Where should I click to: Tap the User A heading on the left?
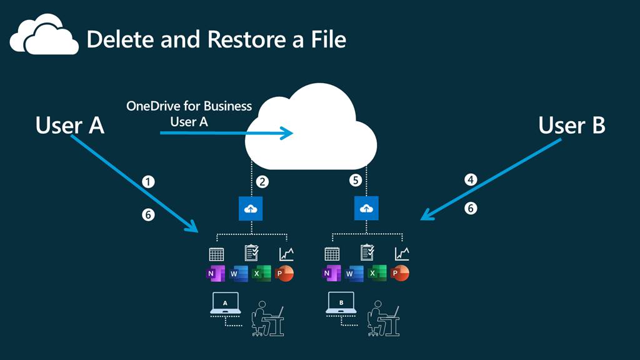click(x=69, y=126)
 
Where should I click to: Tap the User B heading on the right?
click(x=571, y=126)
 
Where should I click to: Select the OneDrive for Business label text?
click(x=189, y=106)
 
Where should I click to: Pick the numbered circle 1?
click(x=148, y=182)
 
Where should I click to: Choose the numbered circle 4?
click(x=471, y=180)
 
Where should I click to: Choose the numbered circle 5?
click(x=355, y=181)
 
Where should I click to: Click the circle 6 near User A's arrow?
click(x=148, y=214)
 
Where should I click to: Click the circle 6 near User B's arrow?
click(x=471, y=207)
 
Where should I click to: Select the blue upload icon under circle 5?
click(x=366, y=209)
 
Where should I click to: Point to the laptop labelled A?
click(x=224, y=303)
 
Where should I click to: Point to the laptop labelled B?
click(x=341, y=303)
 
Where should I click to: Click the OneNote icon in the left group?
click(x=213, y=274)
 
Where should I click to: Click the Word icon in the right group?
click(x=354, y=274)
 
